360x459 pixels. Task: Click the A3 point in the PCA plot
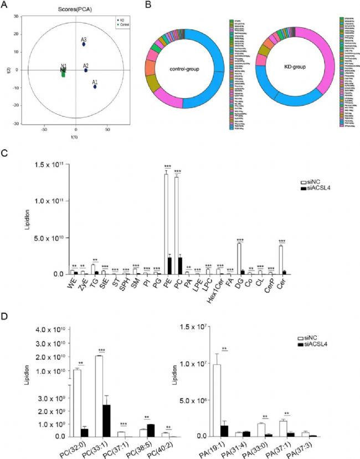(84, 44)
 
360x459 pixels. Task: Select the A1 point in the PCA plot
(95, 86)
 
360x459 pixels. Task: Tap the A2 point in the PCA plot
(86, 70)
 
